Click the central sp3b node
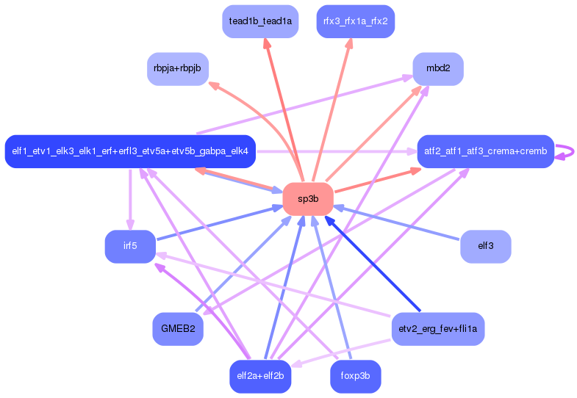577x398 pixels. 308,199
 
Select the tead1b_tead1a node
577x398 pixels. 260,21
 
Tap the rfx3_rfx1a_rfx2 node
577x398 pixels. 355,21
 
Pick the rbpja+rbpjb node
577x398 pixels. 178,69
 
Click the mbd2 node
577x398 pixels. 438,69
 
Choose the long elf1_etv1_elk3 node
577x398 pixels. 130,152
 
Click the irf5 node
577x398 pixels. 130,247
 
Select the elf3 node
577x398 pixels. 485,247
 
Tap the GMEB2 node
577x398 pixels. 178,329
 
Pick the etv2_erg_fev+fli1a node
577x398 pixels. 438,329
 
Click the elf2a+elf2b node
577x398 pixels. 260,376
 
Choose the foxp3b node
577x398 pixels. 355,376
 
